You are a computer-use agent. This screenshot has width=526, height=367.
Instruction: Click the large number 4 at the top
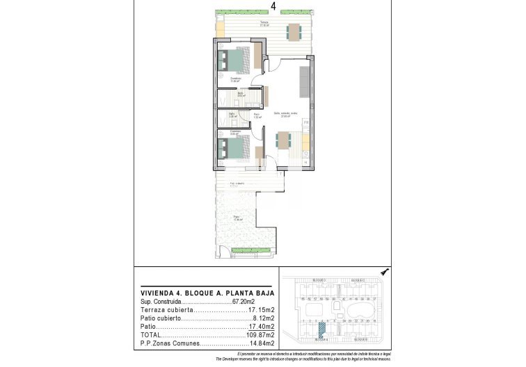coord(273,6)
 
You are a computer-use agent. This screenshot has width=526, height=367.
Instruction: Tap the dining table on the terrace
coord(294,31)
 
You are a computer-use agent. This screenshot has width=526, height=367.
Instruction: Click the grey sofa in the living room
coord(305,82)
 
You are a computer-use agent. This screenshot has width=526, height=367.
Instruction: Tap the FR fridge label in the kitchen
coord(305,122)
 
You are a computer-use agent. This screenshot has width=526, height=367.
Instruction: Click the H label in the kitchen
coord(305,162)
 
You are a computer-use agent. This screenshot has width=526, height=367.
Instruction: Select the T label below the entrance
coord(281,174)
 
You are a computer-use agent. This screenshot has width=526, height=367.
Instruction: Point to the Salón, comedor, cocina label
coord(285,115)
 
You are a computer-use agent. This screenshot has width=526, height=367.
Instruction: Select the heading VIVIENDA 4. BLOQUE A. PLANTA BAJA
coord(199,293)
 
